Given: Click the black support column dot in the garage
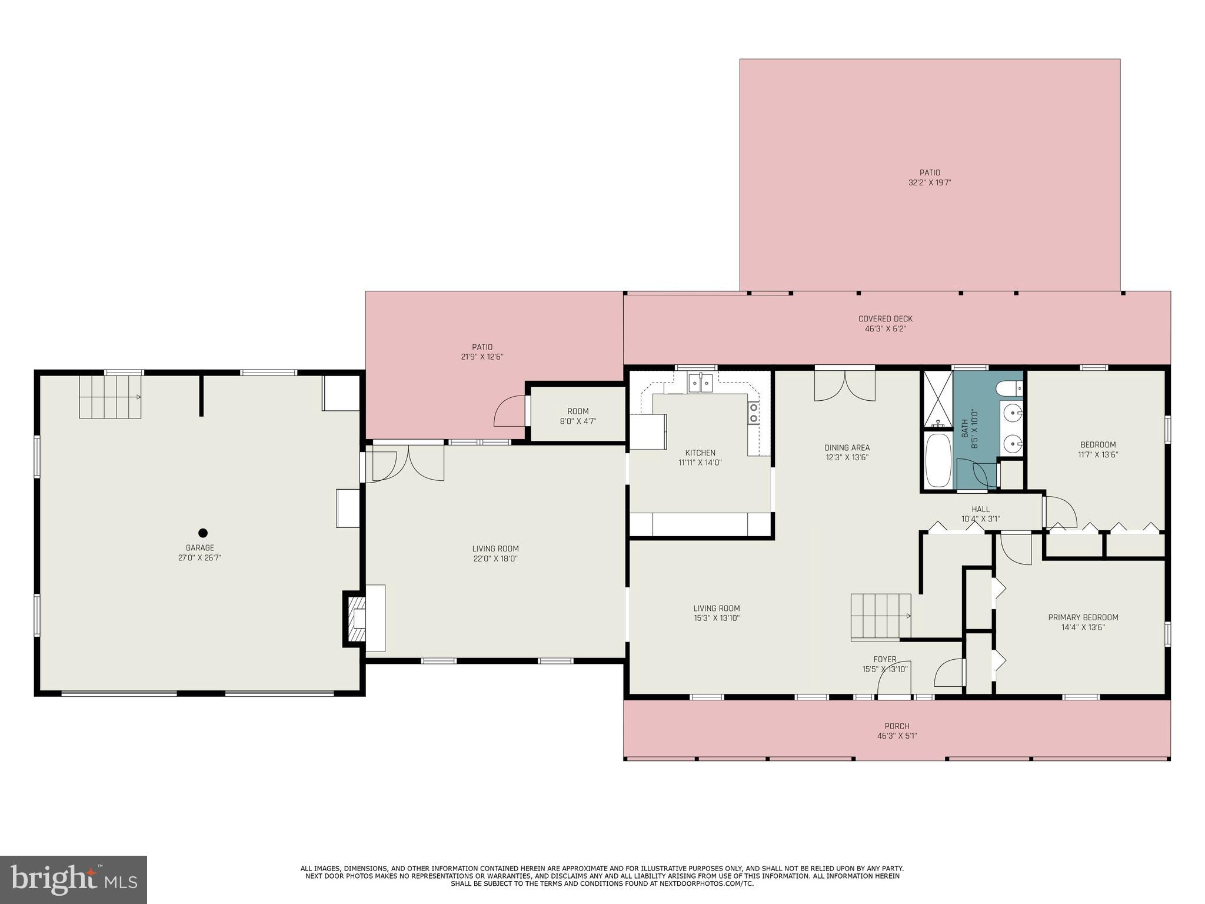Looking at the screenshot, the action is click(x=203, y=533).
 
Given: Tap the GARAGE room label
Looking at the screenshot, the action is click(x=200, y=548).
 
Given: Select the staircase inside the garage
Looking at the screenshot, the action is click(x=111, y=397).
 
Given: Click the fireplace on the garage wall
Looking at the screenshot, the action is click(x=356, y=619).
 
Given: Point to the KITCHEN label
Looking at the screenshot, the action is click(x=700, y=453).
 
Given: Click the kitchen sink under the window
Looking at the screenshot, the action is click(x=700, y=384).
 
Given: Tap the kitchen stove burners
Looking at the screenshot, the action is click(x=753, y=413).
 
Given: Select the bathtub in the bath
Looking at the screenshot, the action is click(x=938, y=461).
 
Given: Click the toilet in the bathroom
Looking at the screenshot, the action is click(x=1010, y=388).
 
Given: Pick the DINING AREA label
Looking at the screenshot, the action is click(x=847, y=447).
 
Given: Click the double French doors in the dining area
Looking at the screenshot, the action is click(x=844, y=385).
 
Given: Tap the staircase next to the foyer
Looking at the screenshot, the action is click(x=881, y=616).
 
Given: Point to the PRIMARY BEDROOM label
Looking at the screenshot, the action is click(x=1083, y=617).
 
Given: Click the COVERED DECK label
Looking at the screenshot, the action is click(x=886, y=319).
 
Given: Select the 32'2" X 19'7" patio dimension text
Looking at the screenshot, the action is click(x=930, y=182).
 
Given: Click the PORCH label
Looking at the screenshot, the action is click(x=897, y=726).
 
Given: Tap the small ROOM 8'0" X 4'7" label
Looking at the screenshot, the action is click(x=578, y=416).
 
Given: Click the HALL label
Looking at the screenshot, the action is click(x=980, y=509).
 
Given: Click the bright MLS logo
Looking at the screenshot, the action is click(x=74, y=880).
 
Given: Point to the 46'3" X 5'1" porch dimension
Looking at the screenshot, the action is click(x=897, y=736).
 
